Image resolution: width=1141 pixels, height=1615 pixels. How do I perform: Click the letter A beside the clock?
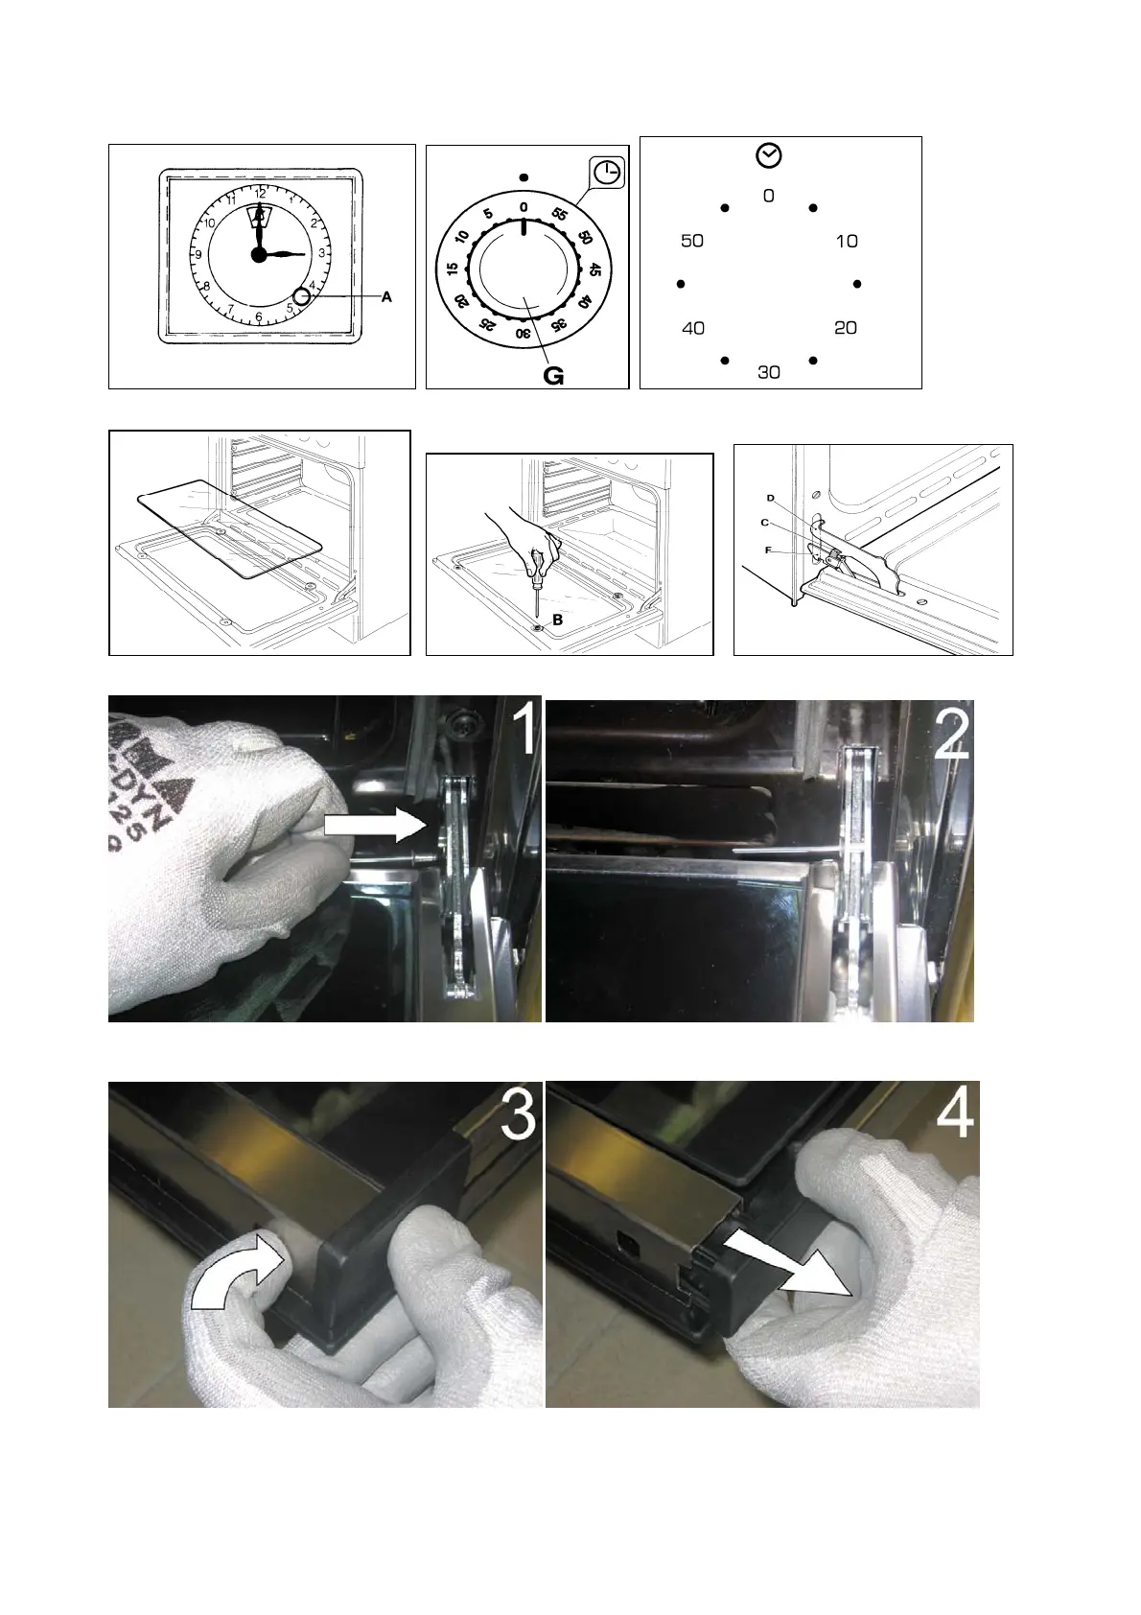[387, 297]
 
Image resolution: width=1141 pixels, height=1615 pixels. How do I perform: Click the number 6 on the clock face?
[259, 316]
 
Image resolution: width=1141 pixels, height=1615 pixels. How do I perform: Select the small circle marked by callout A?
[303, 296]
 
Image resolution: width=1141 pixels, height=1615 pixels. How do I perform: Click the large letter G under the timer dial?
[553, 376]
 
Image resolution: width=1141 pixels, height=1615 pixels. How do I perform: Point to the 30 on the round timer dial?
[523, 335]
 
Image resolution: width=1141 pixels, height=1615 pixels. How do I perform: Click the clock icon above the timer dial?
[606, 173]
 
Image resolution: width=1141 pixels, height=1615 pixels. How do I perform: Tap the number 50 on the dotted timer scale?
[691, 242]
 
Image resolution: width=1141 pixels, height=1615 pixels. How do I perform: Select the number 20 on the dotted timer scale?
[845, 328]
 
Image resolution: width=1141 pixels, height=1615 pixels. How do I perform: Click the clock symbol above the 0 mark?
[769, 154]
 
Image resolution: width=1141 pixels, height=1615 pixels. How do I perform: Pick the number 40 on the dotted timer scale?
[692, 329]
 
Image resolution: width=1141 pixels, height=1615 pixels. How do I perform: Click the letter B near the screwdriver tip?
[557, 620]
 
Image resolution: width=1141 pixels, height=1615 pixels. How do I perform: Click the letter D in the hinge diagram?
[770, 499]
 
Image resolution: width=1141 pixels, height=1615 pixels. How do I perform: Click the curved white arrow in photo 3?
[234, 1279]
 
